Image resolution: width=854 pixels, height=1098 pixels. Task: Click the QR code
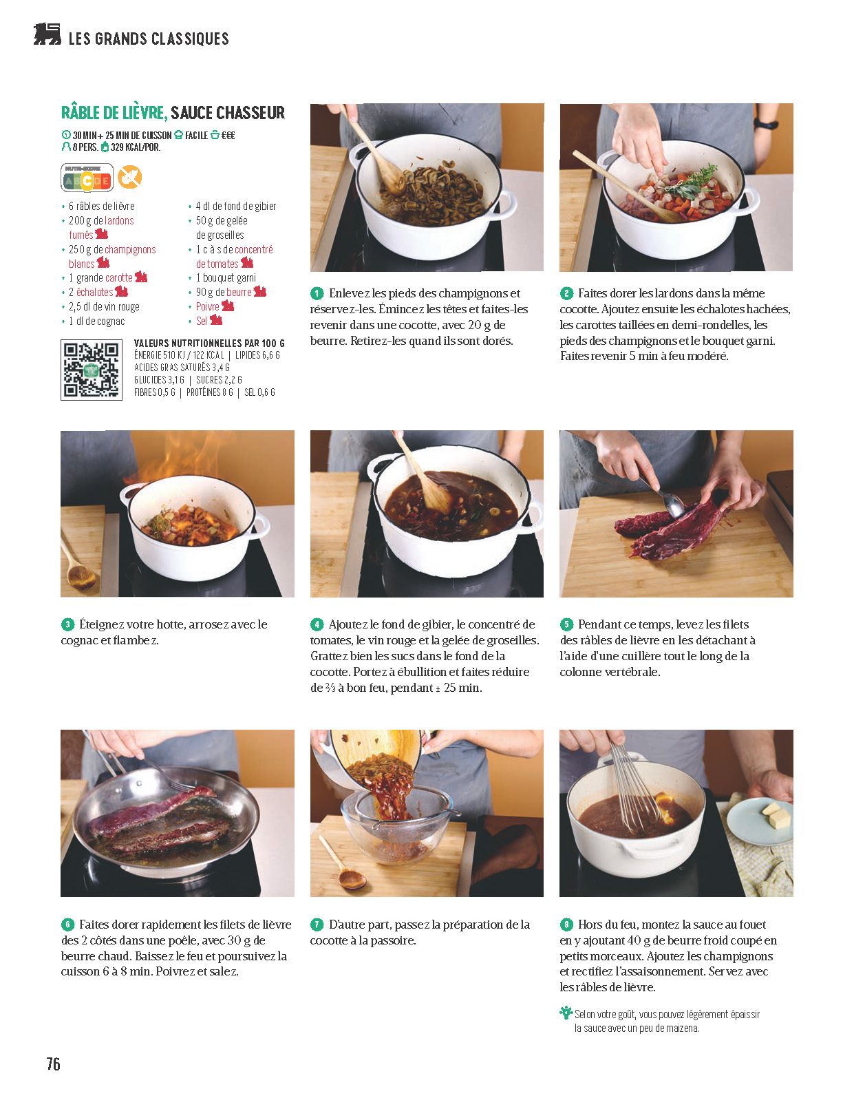point(92,370)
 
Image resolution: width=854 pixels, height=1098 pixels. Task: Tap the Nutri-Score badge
point(87,178)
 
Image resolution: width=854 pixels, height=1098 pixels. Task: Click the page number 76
point(54,1064)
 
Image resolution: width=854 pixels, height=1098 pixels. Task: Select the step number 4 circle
point(317,624)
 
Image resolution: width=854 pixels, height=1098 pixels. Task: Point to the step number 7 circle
point(317,925)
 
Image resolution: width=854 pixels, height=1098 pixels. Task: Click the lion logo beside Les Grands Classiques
point(47,34)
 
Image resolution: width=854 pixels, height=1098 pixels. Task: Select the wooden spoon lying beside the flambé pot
point(77,565)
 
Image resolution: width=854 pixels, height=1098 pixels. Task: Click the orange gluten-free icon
point(130,178)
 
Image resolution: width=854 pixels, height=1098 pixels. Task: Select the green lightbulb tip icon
point(566,1012)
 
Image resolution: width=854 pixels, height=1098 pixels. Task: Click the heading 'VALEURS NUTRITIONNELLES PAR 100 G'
point(209,343)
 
